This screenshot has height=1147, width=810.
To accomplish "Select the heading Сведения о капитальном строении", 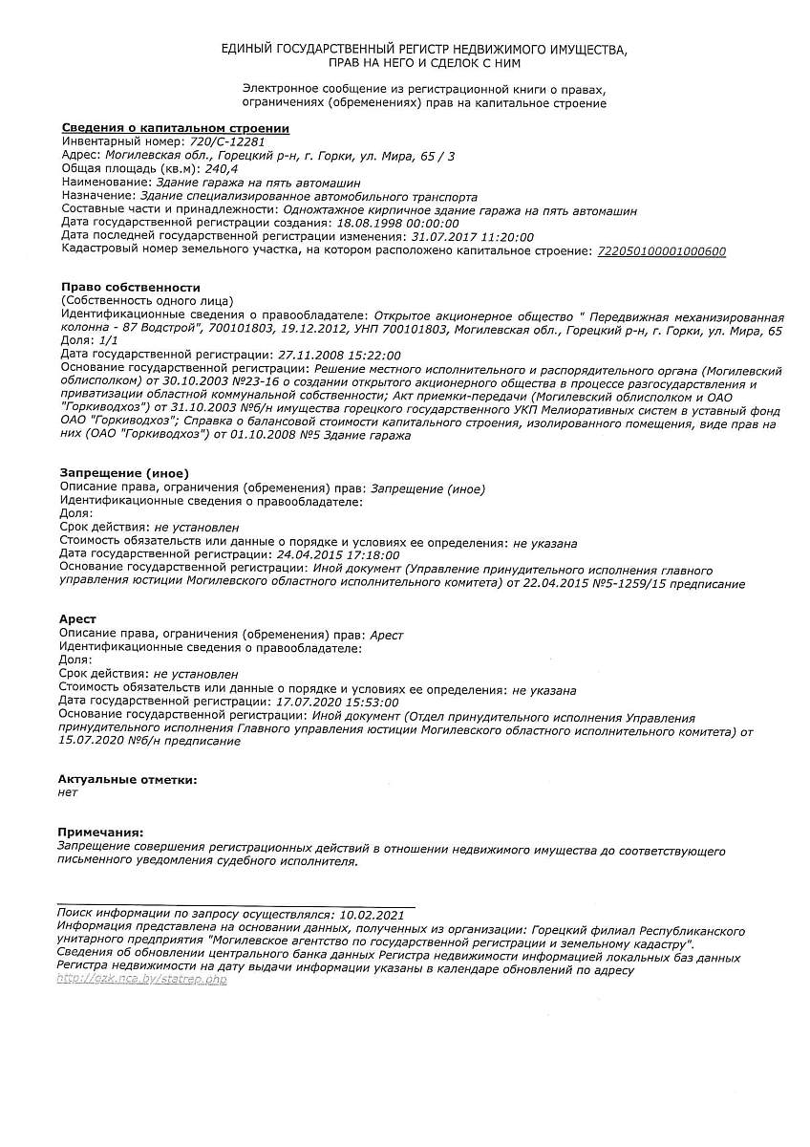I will [175, 128].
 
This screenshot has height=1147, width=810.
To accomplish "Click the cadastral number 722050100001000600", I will [661, 251].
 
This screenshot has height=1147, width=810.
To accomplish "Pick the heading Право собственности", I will [131, 287].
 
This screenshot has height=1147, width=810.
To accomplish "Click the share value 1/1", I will [108, 340].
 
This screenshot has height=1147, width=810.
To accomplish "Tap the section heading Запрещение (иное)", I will [124, 473].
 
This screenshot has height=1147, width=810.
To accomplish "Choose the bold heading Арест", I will [76, 619].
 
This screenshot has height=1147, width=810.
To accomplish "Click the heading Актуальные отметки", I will [127, 780].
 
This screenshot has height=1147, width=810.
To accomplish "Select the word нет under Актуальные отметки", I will [68, 792].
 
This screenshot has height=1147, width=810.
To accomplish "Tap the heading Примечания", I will [100, 833].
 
